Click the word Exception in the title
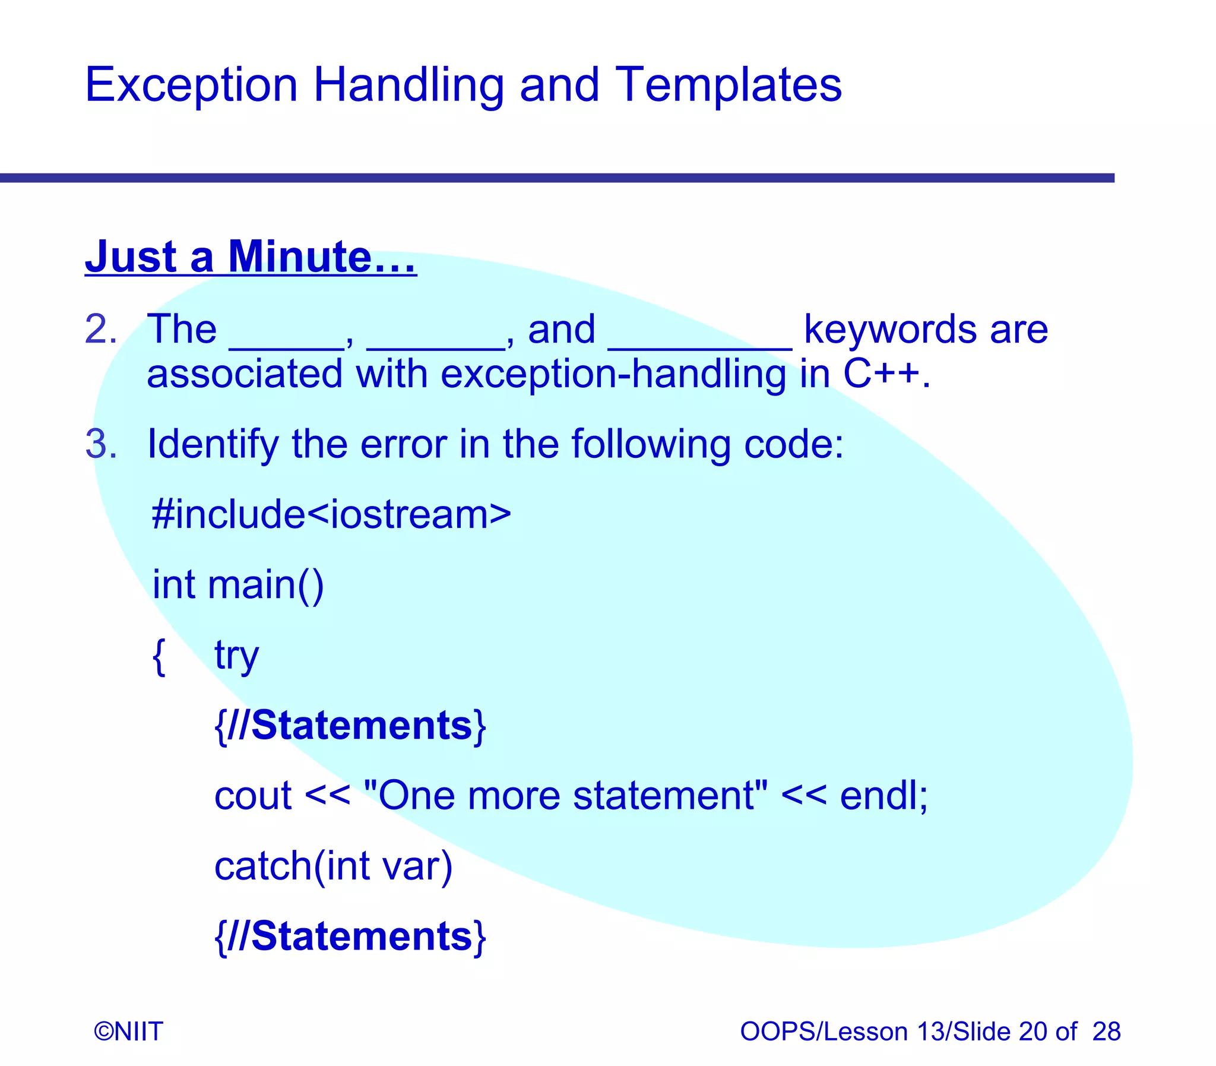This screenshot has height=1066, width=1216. tap(191, 85)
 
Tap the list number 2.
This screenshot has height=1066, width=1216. tap(100, 329)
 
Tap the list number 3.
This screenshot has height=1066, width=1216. tap(100, 444)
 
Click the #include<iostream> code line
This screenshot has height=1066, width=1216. tap(331, 514)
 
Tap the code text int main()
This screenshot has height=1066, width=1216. tap(238, 585)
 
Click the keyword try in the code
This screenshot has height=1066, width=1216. tap(236, 656)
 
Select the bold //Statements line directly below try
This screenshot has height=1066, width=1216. tap(350, 726)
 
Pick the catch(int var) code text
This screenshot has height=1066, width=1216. tap(333, 866)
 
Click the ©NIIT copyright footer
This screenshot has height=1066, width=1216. tap(128, 1031)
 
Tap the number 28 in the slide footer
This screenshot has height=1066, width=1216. tap(1106, 1031)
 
